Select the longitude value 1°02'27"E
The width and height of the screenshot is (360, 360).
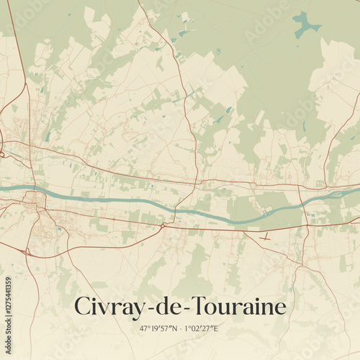201,328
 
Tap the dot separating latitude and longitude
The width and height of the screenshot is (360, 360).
180,328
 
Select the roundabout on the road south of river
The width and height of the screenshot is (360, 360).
163,225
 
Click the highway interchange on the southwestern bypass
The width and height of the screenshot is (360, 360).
27,251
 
